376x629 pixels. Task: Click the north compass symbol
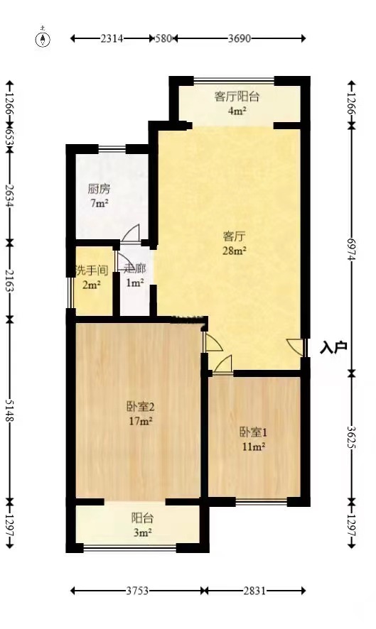(43, 39)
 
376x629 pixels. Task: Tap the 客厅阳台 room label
(237, 97)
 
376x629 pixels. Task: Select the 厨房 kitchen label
(100, 189)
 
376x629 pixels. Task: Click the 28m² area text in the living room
(235, 251)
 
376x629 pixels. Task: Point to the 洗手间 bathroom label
(92, 270)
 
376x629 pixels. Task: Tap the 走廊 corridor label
(134, 269)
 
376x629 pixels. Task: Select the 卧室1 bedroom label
(254, 432)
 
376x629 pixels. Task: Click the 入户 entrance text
(333, 347)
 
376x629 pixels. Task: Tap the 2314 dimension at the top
(112, 38)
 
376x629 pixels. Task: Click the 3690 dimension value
(240, 38)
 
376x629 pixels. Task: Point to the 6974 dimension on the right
(352, 249)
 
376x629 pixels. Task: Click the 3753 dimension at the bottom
(137, 591)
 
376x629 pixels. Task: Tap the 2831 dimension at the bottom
(254, 591)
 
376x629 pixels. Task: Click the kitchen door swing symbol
(131, 234)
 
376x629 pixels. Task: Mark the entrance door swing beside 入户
(295, 347)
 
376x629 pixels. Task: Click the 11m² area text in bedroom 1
(254, 446)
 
